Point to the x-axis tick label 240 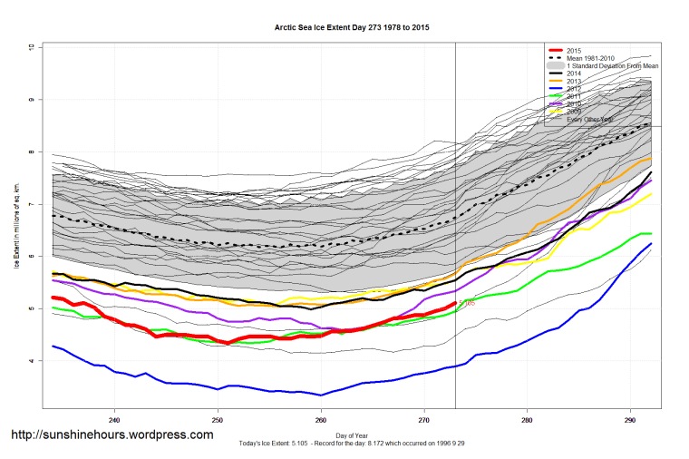coord(114,421)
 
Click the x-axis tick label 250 coord(218,421)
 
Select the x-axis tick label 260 coord(321,421)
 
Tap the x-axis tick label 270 coord(424,421)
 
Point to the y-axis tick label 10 coord(31,46)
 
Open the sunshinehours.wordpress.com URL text coord(112,435)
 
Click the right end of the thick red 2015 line coord(454,303)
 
